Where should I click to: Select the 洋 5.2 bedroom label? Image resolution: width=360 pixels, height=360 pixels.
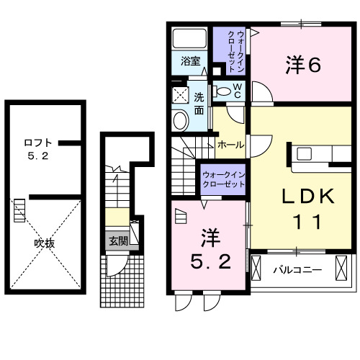tap(210, 248)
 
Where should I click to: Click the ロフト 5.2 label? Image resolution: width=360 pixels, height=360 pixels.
tap(36, 148)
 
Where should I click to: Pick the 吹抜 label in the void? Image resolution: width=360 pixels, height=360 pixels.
tap(45, 243)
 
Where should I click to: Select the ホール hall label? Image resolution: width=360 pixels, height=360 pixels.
tap(230, 145)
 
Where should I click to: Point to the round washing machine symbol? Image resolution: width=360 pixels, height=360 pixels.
tap(180, 120)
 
